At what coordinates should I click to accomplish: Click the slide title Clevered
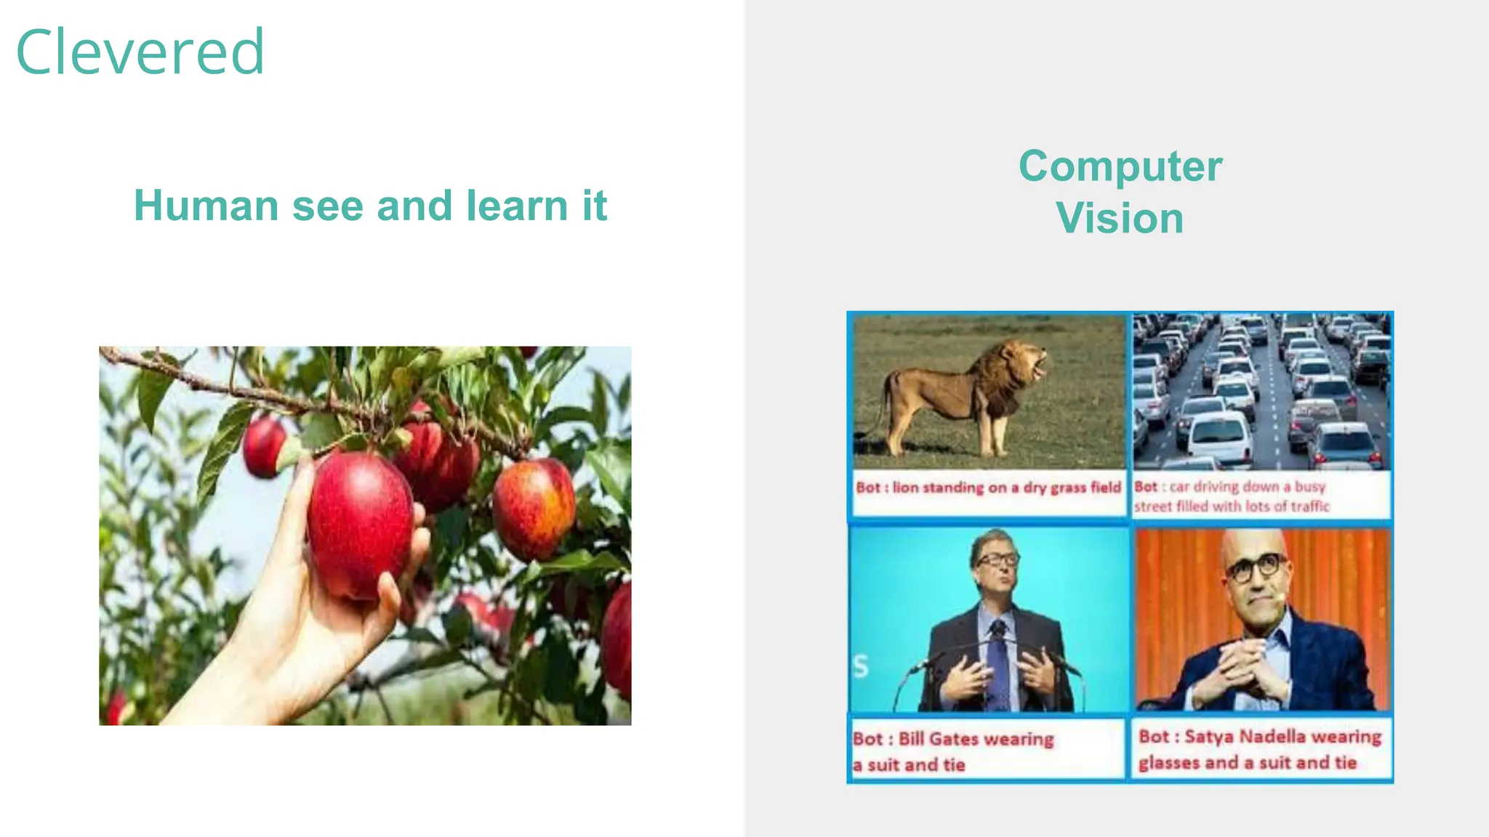140,52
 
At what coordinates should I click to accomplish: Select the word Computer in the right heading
1120,166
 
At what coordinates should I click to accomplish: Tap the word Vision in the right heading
1120,219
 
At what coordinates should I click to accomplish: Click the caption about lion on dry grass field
988,488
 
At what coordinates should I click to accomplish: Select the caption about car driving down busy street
1230,496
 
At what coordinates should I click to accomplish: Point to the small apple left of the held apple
264,447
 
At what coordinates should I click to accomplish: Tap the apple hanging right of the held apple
534,509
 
